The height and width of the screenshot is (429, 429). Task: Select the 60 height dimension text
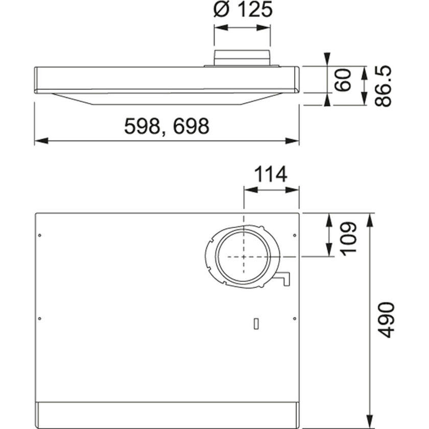tap(345, 80)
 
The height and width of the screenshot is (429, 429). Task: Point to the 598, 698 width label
tap(167, 126)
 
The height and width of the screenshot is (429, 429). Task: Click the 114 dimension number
tap(271, 175)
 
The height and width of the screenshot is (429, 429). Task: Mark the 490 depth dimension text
tap(387, 320)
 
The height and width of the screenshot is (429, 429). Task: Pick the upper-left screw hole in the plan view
tap(40, 235)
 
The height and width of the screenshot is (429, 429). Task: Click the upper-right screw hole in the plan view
tap(294, 235)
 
